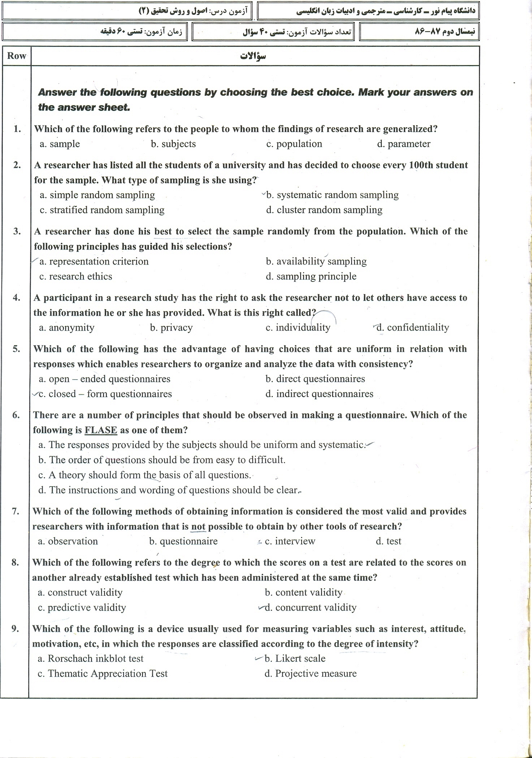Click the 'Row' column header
pyautogui.click(x=17, y=56)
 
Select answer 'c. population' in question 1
pyautogui.click(x=294, y=144)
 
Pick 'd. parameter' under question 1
pyautogui.click(x=404, y=144)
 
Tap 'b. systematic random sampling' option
pyautogui.click(x=332, y=195)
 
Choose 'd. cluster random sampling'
pyautogui.click(x=324, y=210)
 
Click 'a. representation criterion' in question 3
pyautogui.click(x=94, y=262)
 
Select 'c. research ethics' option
pyautogui.click(x=76, y=276)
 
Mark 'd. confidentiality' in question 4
pyautogui.click(x=413, y=328)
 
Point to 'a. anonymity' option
pyautogui.click(x=67, y=328)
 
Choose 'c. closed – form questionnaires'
pyautogui.click(x=105, y=394)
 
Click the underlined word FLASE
pyautogui.click(x=101, y=430)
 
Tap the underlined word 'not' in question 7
pyautogui.click(x=198, y=526)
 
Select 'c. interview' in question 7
pyautogui.click(x=290, y=541)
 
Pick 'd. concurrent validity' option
pyautogui.click(x=311, y=608)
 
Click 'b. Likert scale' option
pyautogui.click(x=295, y=659)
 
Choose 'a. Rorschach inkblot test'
pyautogui.click(x=91, y=659)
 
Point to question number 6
pyautogui.click(x=16, y=415)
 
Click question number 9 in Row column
pyautogui.click(x=16, y=629)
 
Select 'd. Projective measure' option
pyautogui.click(x=311, y=673)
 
